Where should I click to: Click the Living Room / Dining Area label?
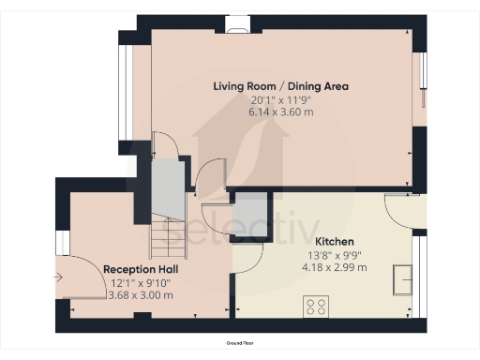pos(280,86)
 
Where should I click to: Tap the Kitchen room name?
pos(335,242)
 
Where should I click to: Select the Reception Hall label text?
pos(141,269)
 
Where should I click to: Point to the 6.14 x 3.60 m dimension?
pos(281,112)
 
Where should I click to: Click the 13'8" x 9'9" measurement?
pos(335,256)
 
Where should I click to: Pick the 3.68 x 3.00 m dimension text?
pos(141,295)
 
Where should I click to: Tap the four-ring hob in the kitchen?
pos(316,307)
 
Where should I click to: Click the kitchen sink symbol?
pos(402,280)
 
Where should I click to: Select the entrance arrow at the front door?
pos(58,277)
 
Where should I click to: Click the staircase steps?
pos(169,236)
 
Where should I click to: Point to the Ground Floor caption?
pos(240,343)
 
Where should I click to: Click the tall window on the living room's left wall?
pos(122,93)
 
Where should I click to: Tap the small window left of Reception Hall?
pos(63,243)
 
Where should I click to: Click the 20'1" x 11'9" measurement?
pos(281,100)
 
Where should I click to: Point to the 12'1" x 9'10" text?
pos(141,283)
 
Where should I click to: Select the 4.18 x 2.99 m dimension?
pos(335,267)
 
